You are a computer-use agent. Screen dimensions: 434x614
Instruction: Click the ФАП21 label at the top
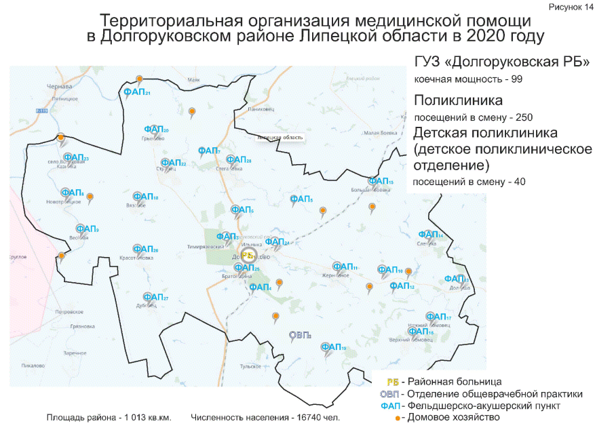pyautogui.click(x=136, y=92)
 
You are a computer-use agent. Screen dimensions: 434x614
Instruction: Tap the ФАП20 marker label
pyautogui.click(x=157, y=130)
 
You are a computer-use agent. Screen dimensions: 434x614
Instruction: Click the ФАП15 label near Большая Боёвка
pyautogui.click(x=381, y=181)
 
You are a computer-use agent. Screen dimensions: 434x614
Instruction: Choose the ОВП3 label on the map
pyautogui.click(x=299, y=335)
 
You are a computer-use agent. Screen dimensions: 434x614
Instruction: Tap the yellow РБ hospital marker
pyautogui.click(x=248, y=256)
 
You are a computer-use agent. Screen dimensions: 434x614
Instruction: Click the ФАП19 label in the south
pyautogui.click(x=334, y=348)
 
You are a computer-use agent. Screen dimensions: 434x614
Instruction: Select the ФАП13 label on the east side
pyautogui.click(x=456, y=279)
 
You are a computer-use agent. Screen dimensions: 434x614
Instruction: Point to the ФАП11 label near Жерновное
pyautogui.click(x=345, y=267)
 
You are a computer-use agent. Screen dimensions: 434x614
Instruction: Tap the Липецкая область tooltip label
pyautogui.click(x=280, y=138)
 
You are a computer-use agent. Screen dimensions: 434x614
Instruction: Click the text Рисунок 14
pyautogui.click(x=577, y=7)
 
